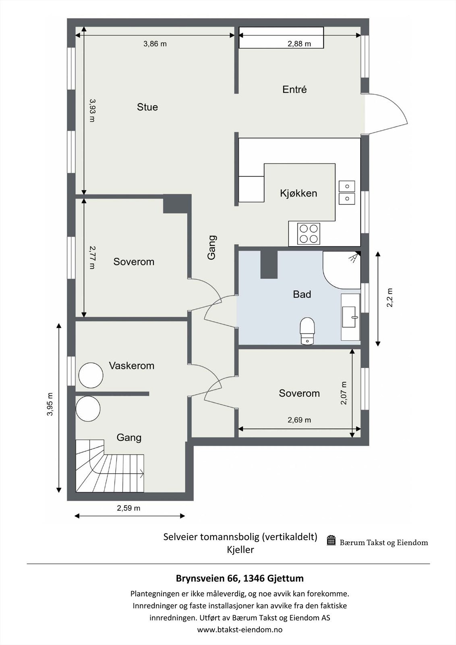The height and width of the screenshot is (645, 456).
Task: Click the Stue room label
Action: click(147, 107)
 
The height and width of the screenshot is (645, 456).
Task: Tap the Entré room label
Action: click(294, 89)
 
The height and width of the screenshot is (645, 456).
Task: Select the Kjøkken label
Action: click(298, 193)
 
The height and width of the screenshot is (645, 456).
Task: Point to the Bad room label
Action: click(302, 294)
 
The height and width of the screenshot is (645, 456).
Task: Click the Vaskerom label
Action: click(131, 366)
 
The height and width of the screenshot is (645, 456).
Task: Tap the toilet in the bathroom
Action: click(307, 331)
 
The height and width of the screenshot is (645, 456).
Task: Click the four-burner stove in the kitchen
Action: click(309, 234)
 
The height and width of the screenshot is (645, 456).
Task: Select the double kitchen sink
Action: click(347, 193)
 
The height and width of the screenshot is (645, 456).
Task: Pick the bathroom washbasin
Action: click(350, 317)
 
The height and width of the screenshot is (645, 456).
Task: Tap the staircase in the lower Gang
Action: click(110, 466)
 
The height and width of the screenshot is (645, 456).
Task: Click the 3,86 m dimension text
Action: click(155, 44)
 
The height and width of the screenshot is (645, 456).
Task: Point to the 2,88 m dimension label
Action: click(299, 44)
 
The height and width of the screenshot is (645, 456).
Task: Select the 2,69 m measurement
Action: click(299, 420)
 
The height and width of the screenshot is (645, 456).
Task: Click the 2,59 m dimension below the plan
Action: click(129, 508)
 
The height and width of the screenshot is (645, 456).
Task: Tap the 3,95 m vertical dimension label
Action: click(50, 404)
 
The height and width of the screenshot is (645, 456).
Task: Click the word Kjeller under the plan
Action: click(240, 550)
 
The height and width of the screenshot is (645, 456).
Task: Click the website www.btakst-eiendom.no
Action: click(240, 629)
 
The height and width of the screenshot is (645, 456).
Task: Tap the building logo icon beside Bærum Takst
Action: click(332, 541)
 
